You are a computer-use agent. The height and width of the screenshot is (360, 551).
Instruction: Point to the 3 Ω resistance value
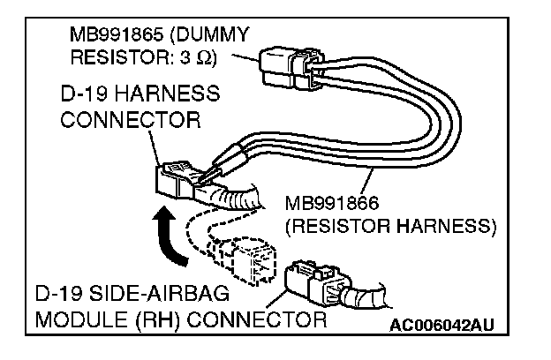pos(202,58)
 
